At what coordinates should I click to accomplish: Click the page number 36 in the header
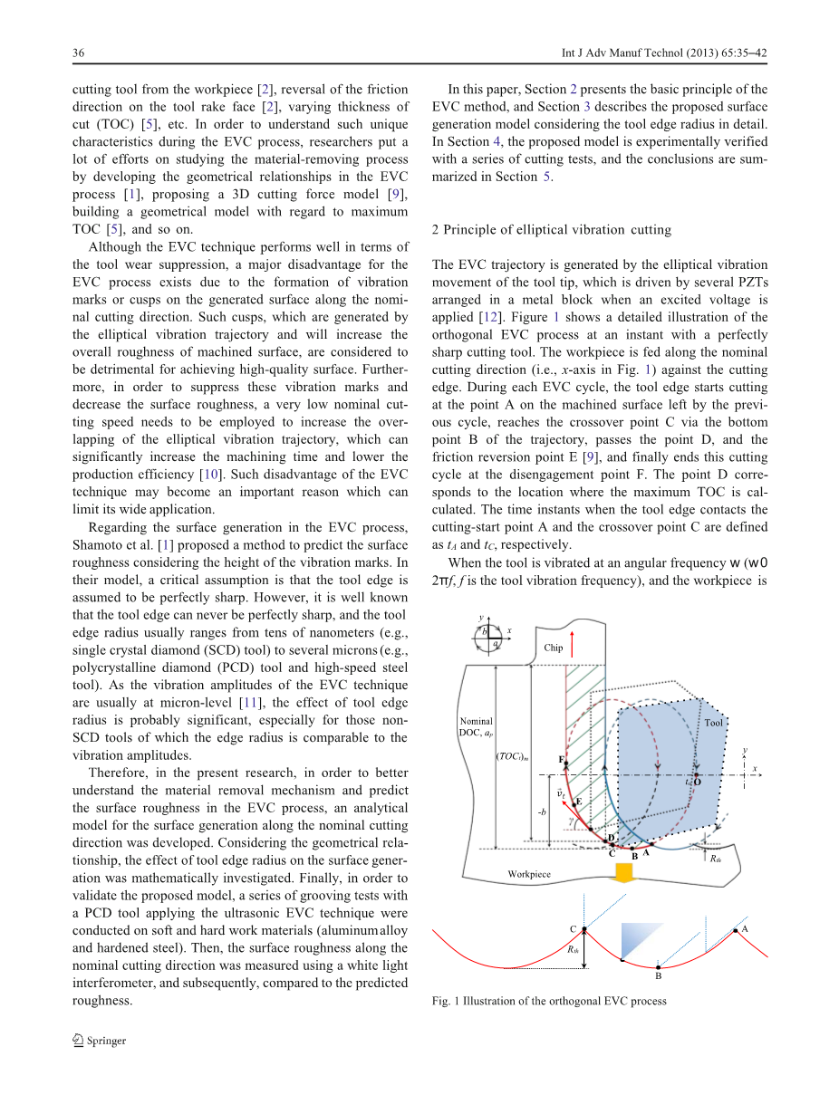79,53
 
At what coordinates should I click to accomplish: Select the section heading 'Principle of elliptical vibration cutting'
557,229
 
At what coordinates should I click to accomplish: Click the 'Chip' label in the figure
554,648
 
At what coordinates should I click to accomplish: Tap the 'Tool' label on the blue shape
713,723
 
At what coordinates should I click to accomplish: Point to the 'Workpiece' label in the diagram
528,875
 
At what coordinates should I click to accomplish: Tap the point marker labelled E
574,803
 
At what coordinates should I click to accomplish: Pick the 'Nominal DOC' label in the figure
476,726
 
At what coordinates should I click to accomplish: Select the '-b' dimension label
542,811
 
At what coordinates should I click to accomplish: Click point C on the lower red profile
584,930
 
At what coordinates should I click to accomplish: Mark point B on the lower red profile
659,965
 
